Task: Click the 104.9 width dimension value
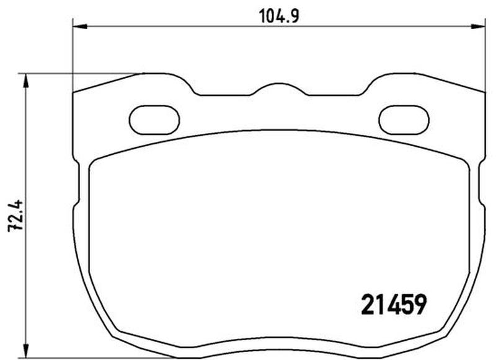[x=278, y=16]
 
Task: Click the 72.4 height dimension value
[x=16, y=215]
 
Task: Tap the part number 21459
[x=394, y=304]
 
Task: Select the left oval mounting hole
[x=154, y=120]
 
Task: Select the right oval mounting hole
[x=404, y=120]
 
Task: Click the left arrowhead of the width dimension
[x=80, y=27]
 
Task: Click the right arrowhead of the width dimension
[x=478, y=27]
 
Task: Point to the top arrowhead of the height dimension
[x=26, y=81]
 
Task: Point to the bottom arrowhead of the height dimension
[x=26, y=351]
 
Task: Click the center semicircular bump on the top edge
[x=280, y=84]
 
